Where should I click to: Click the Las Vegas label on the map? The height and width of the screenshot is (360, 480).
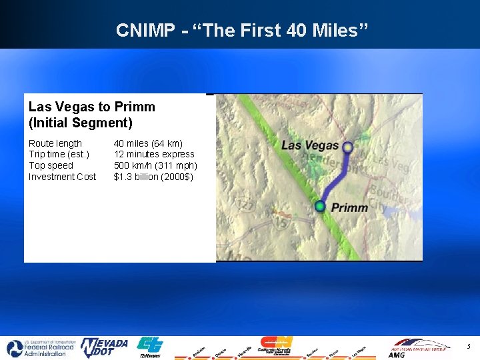pos(309,145)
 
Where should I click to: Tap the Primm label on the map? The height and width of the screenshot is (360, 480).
pos(349,207)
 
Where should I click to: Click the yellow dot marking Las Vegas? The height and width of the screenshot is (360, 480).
pos(347,147)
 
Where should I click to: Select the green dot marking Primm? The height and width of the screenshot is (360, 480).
pos(320,206)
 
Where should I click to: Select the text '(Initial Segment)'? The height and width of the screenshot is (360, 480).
pos(81,123)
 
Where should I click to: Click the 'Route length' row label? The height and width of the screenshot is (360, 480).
pos(55,143)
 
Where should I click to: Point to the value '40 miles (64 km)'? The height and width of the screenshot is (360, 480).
pos(148,143)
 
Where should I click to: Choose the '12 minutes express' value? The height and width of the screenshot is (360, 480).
pos(154,154)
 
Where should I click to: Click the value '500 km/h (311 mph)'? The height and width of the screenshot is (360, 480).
pos(155,165)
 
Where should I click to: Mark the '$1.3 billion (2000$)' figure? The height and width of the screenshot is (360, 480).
pos(153,177)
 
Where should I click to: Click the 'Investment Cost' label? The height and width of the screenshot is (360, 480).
pos(62,177)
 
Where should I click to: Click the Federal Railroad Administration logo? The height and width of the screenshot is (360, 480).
pos(38,348)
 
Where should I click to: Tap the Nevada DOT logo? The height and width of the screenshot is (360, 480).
pos(104,347)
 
